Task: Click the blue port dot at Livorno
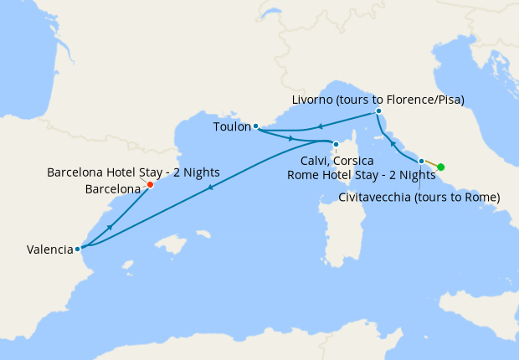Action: [x=378, y=111]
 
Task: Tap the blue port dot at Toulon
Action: [x=255, y=127]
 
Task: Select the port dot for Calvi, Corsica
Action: [x=336, y=144]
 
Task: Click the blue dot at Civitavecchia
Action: [x=421, y=160]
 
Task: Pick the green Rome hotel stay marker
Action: [x=440, y=167]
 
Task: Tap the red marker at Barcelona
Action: [x=150, y=184]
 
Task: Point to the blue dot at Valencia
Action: [x=77, y=249]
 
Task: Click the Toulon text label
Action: [x=232, y=127]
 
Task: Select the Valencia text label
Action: [x=49, y=249]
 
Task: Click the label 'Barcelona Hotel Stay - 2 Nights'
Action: [x=133, y=172]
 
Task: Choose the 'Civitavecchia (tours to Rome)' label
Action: [x=419, y=198]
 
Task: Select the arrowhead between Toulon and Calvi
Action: [x=290, y=137]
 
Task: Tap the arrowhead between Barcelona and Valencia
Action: [x=110, y=226]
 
